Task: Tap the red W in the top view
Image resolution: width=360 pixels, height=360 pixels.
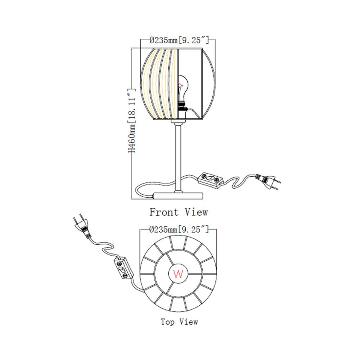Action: (x=179, y=274)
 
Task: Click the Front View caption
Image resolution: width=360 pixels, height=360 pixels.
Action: (x=179, y=212)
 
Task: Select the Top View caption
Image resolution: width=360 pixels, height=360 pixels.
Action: (x=179, y=321)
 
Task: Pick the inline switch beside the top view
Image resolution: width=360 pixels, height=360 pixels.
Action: (x=123, y=268)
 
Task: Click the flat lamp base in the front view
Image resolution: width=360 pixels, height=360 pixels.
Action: (x=179, y=196)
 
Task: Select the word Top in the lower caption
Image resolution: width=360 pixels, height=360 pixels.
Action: (x=168, y=322)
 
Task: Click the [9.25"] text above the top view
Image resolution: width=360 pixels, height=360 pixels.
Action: (x=194, y=229)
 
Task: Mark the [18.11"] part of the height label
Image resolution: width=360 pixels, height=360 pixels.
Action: (x=132, y=105)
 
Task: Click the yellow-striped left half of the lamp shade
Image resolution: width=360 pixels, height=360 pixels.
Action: (x=159, y=84)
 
